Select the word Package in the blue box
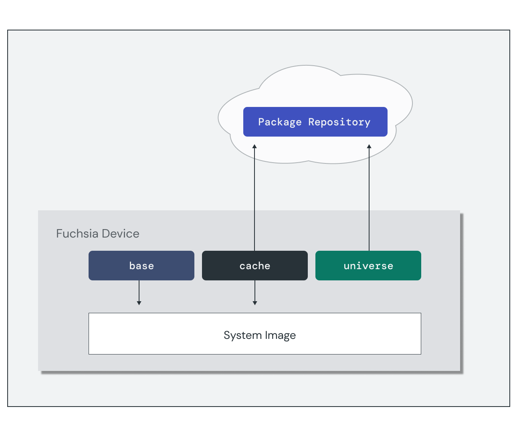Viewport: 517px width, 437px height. (x=280, y=122)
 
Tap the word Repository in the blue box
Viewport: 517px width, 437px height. (x=339, y=122)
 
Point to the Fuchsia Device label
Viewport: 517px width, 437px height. (x=98, y=234)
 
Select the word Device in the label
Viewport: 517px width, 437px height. (x=121, y=234)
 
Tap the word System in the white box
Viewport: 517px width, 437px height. (x=242, y=335)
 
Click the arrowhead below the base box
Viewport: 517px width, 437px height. (x=139, y=303)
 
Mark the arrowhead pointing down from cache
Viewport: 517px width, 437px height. (x=255, y=303)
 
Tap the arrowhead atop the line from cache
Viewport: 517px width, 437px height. (x=254, y=147)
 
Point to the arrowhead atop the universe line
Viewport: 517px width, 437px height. (x=369, y=147)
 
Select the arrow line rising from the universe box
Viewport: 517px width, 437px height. (x=369, y=200)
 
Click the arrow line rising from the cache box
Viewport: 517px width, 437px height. (x=254, y=200)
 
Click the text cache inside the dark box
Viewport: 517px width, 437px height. (x=255, y=266)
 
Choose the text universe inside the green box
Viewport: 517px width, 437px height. (x=368, y=266)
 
